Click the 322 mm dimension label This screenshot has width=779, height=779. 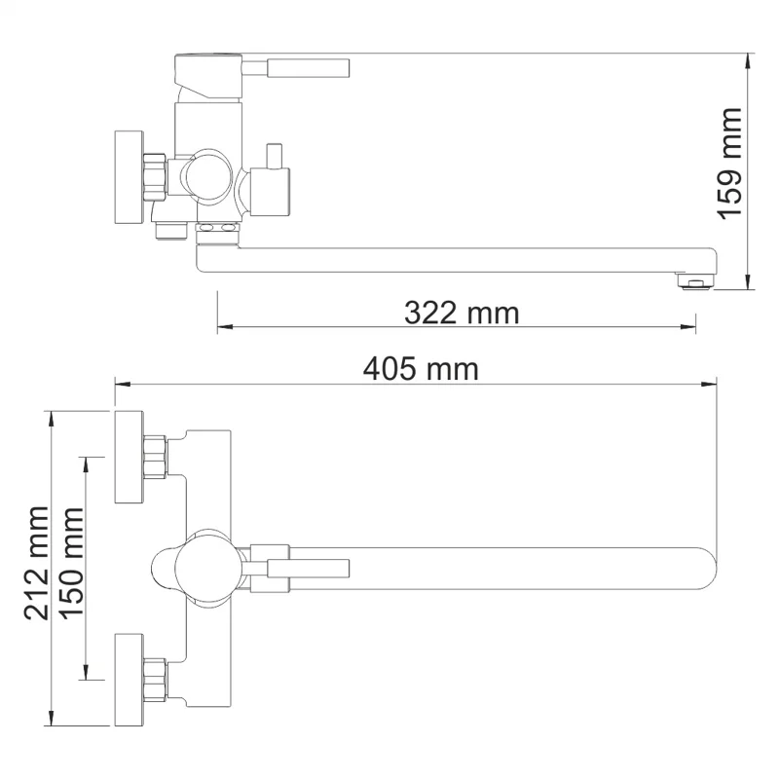pos(462,313)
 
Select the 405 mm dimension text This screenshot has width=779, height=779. pos(421,369)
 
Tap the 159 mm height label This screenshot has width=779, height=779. pos(729,161)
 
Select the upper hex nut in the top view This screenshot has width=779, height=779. pos(156,458)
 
